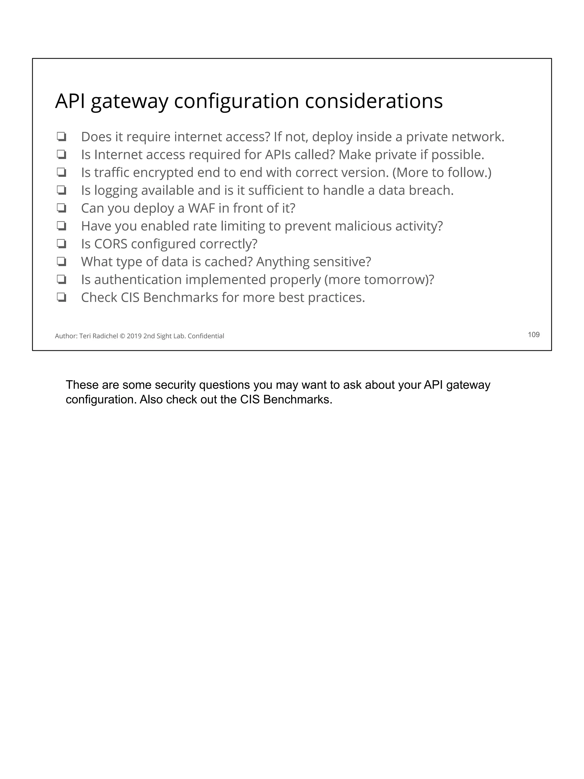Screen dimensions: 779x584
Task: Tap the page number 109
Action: (533, 335)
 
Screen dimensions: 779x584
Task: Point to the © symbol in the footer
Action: (122, 336)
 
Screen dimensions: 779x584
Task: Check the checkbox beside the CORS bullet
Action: (62, 244)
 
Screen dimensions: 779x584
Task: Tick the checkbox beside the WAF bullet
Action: (62, 208)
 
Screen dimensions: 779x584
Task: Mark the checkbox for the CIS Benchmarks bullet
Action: (62, 298)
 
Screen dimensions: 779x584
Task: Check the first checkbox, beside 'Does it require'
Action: (62, 137)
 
